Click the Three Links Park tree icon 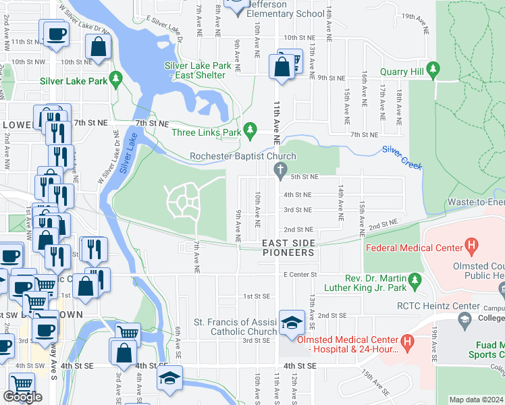click(x=250, y=128)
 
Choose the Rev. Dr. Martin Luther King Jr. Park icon click(x=416, y=279)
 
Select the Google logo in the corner click(x=22, y=396)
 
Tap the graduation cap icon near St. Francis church click(x=292, y=323)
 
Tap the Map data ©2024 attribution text click(x=477, y=400)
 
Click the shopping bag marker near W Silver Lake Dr click(x=99, y=47)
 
